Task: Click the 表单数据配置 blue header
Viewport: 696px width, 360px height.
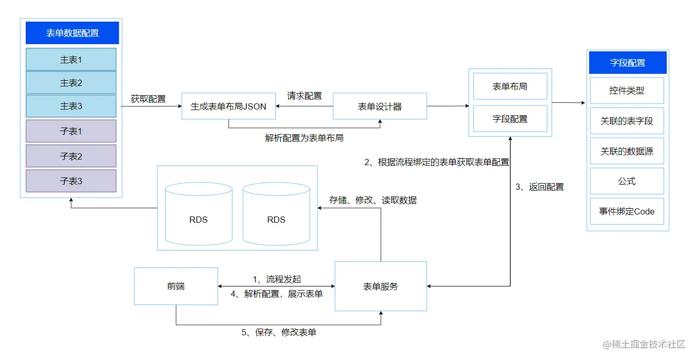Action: pyautogui.click(x=72, y=33)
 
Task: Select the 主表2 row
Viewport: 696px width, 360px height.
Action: pyautogui.click(x=71, y=83)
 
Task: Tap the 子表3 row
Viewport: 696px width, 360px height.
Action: pyautogui.click(x=71, y=181)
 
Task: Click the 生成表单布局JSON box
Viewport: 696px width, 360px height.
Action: pyautogui.click(x=228, y=106)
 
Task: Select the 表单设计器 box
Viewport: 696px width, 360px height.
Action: pyautogui.click(x=380, y=106)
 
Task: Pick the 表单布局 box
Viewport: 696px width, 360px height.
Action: pyautogui.click(x=510, y=86)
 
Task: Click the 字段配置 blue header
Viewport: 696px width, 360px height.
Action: pyautogui.click(x=628, y=63)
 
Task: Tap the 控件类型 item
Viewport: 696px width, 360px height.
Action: pyautogui.click(x=627, y=91)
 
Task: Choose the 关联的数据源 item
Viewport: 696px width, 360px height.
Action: pyautogui.click(x=627, y=152)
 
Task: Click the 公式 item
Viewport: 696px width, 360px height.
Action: pyautogui.click(x=627, y=181)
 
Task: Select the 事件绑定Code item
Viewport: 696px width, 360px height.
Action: pyautogui.click(x=627, y=211)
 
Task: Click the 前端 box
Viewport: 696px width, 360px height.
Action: pyautogui.click(x=176, y=286)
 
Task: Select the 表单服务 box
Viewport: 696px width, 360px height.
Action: pyautogui.click(x=381, y=286)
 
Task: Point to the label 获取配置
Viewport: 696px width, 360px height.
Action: pyautogui.click(x=148, y=99)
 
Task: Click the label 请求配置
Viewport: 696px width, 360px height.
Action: pyautogui.click(x=305, y=96)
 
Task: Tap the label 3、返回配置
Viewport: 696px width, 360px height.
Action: pyautogui.click(x=540, y=187)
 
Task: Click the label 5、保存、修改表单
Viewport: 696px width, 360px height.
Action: pyautogui.click(x=279, y=333)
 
